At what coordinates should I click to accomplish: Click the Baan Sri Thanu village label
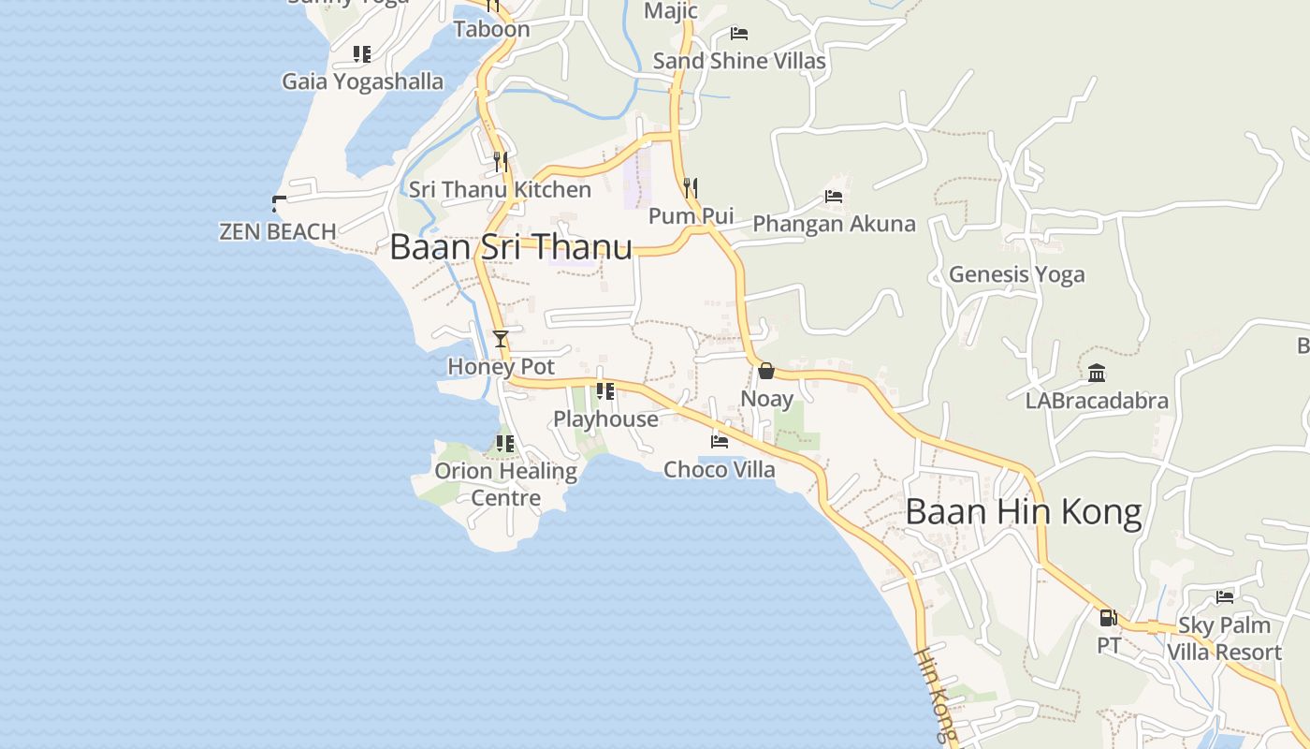pos(511,248)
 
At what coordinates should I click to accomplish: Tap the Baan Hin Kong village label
pos(1024,513)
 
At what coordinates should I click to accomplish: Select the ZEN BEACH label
pos(277,231)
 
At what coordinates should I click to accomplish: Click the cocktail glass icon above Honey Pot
pos(501,339)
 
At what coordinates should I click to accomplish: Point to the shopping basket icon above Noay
pos(766,372)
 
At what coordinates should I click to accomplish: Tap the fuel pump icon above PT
pos(1108,618)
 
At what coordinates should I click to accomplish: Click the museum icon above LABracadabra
pos(1097,374)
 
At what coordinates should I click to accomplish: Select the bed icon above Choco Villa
pos(720,441)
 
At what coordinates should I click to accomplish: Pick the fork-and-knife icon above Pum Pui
pos(691,188)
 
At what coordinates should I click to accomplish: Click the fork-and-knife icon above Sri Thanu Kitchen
pos(501,162)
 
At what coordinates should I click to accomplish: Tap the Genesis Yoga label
pos(1016,274)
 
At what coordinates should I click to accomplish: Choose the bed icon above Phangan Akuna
pos(834,197)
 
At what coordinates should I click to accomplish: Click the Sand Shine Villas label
pos(739,61)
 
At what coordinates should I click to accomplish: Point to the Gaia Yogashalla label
pos(362,81)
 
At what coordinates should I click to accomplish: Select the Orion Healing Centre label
pos(505,484)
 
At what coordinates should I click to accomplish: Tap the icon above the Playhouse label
pos(605,391)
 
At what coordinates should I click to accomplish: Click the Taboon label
pos(491,29)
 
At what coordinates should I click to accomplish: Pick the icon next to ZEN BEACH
pos(278,202)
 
